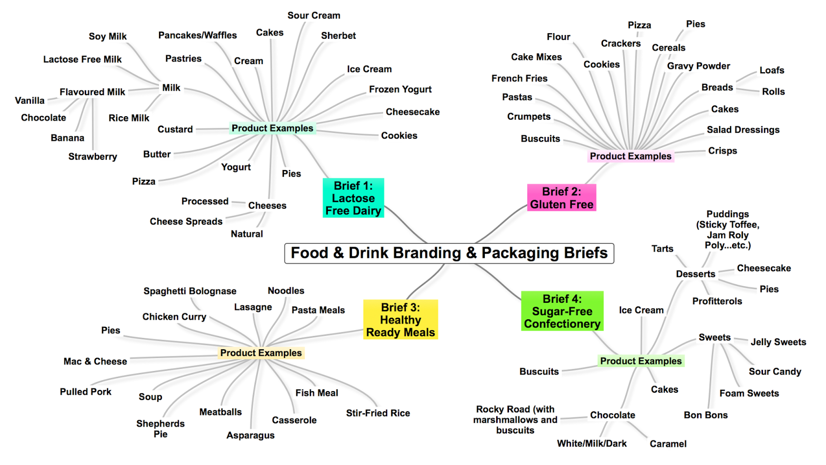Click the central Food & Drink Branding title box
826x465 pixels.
[449, 253]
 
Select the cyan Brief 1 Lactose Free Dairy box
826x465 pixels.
[353, 198]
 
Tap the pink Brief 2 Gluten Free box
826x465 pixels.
[562, 198]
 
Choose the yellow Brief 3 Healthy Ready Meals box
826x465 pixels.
[401, 320]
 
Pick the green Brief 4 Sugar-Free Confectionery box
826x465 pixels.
[562, 311]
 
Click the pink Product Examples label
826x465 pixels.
[630, 156]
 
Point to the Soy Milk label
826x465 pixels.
[107, 36]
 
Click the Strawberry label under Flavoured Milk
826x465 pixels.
[92, 157]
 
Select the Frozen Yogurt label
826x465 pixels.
[400, 89]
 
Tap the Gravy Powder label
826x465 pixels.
[698, 66]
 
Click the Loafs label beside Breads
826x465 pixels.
[771, 70]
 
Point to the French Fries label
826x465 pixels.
[519, 79]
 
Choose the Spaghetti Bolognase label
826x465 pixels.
[189, 291]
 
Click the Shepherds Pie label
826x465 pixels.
[160, 429]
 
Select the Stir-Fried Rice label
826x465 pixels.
[378, 413]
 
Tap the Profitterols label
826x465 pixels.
[717, 301]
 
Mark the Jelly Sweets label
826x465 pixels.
[778, 342]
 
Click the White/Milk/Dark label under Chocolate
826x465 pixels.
[592, 444]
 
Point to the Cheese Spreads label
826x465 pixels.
[186, 222]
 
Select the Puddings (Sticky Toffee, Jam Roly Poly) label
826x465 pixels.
[727, 230]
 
